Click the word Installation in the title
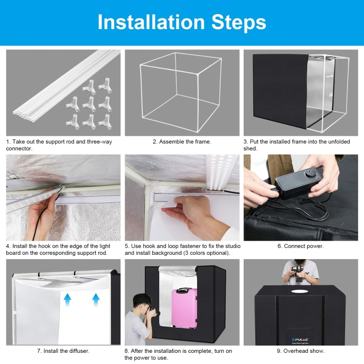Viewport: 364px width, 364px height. [151, 22]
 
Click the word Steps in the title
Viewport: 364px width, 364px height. [239, 23]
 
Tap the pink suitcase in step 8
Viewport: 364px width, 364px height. [184, 308]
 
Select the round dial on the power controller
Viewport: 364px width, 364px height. [311, 173]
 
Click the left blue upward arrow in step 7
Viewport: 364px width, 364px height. [67, 300]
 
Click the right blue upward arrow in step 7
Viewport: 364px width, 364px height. [96, 300]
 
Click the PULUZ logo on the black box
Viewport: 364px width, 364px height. [300, 339]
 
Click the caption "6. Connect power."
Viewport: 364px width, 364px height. [300, 246]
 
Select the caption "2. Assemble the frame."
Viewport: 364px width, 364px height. [182, 142]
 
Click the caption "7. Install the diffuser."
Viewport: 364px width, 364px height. [63, 351]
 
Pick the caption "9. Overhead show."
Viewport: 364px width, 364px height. [300, 351]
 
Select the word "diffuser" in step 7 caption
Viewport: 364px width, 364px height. [78, 351]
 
